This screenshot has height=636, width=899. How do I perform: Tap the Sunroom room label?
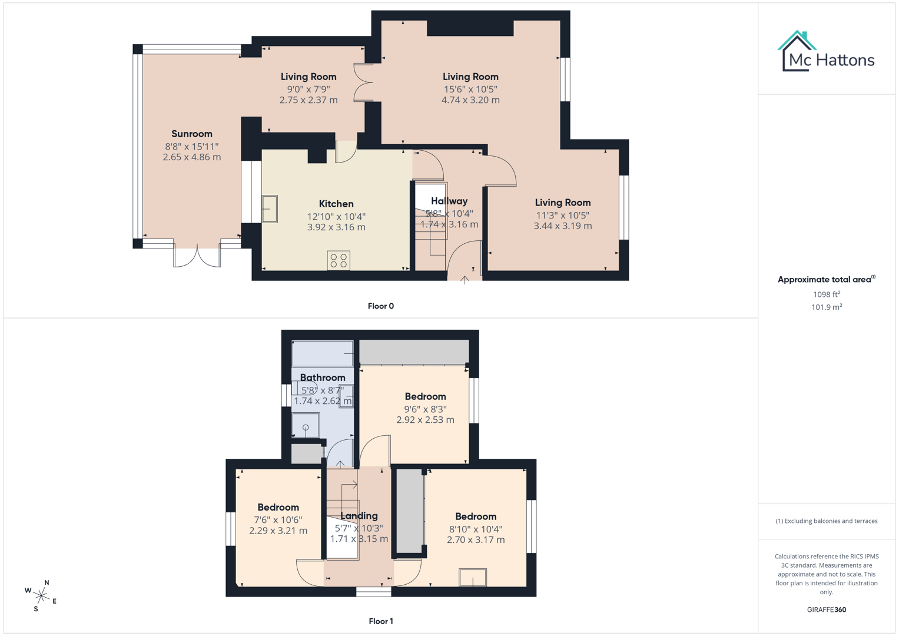click(x=192, y=134)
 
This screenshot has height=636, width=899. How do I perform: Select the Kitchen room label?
click(x=336, y=204)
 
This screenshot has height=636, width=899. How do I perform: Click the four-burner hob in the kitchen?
click(x=339, y=260)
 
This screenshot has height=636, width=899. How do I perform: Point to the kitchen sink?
click(x=270, y=208)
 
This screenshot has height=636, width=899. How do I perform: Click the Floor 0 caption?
click(x=381, y=306)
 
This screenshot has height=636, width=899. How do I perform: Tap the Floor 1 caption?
click(x=381, y=621)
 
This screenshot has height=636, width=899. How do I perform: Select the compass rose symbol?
click(x=41, y=595)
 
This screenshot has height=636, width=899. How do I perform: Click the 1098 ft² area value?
click(x=827, y=294)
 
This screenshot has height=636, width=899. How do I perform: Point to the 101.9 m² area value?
click(x=827, y=307)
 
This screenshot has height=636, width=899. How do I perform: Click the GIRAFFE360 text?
click(x=827, y=609)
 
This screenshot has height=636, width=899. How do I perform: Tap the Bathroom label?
click(x=323, y=377)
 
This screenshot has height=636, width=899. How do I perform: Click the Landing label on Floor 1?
click(x=359, y=516)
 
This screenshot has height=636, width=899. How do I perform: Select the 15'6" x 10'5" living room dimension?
click(x=470, y=90)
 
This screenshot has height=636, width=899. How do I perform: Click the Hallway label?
click(x=449, y=201)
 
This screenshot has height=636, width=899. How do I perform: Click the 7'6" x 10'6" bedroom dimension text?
click(x=278, y=520)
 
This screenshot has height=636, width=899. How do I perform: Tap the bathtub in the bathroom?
click(x=323, y=353)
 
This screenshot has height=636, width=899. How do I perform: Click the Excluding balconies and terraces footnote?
click(x=827, y=521)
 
